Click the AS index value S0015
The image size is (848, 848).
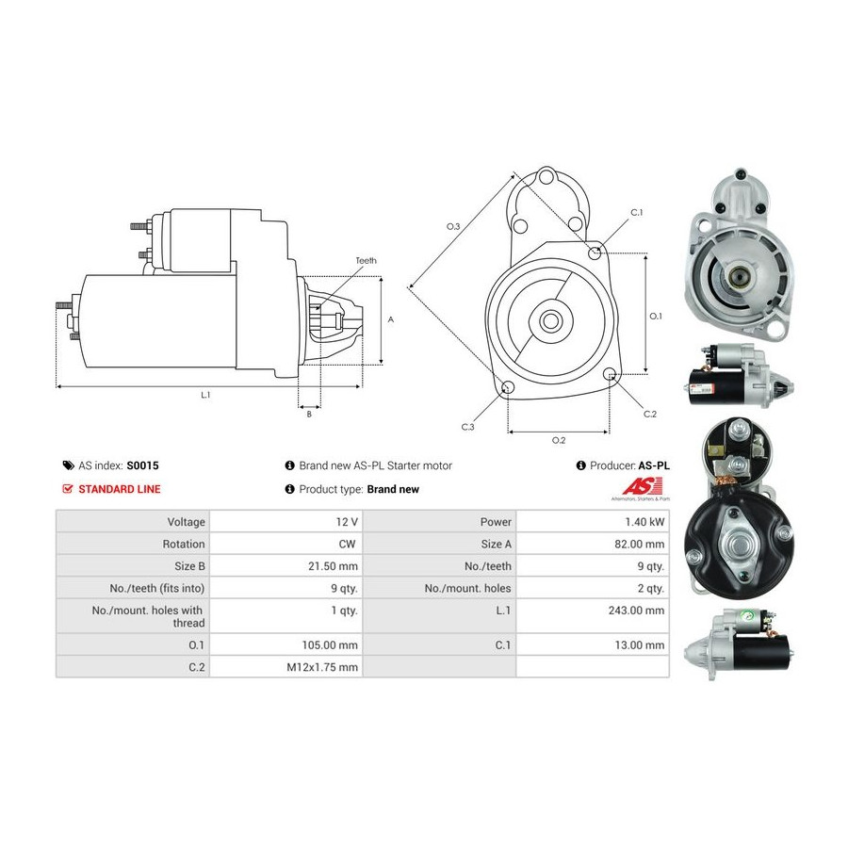[143, 465]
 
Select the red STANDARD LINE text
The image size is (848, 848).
[120, 489]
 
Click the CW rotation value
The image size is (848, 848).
[347, 544]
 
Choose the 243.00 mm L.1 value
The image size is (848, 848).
[636, 611]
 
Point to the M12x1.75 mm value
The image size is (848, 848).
[322, 667]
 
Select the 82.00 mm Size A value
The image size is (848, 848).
[639, 544]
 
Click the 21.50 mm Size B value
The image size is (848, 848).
[333, 566]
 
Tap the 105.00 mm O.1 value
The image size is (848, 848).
[330, 645]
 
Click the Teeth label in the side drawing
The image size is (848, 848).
[367, 261]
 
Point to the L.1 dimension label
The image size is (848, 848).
[205, 396]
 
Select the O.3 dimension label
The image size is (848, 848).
[453, 226]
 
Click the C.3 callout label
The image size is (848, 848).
[467, 427]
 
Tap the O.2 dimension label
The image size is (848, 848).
[559, 440]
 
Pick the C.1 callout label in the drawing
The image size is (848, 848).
[637, 213]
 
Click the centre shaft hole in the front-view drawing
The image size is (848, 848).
[551, 321]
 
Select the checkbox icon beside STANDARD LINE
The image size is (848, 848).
[68, 489]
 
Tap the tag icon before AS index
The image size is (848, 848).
[68, 465]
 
